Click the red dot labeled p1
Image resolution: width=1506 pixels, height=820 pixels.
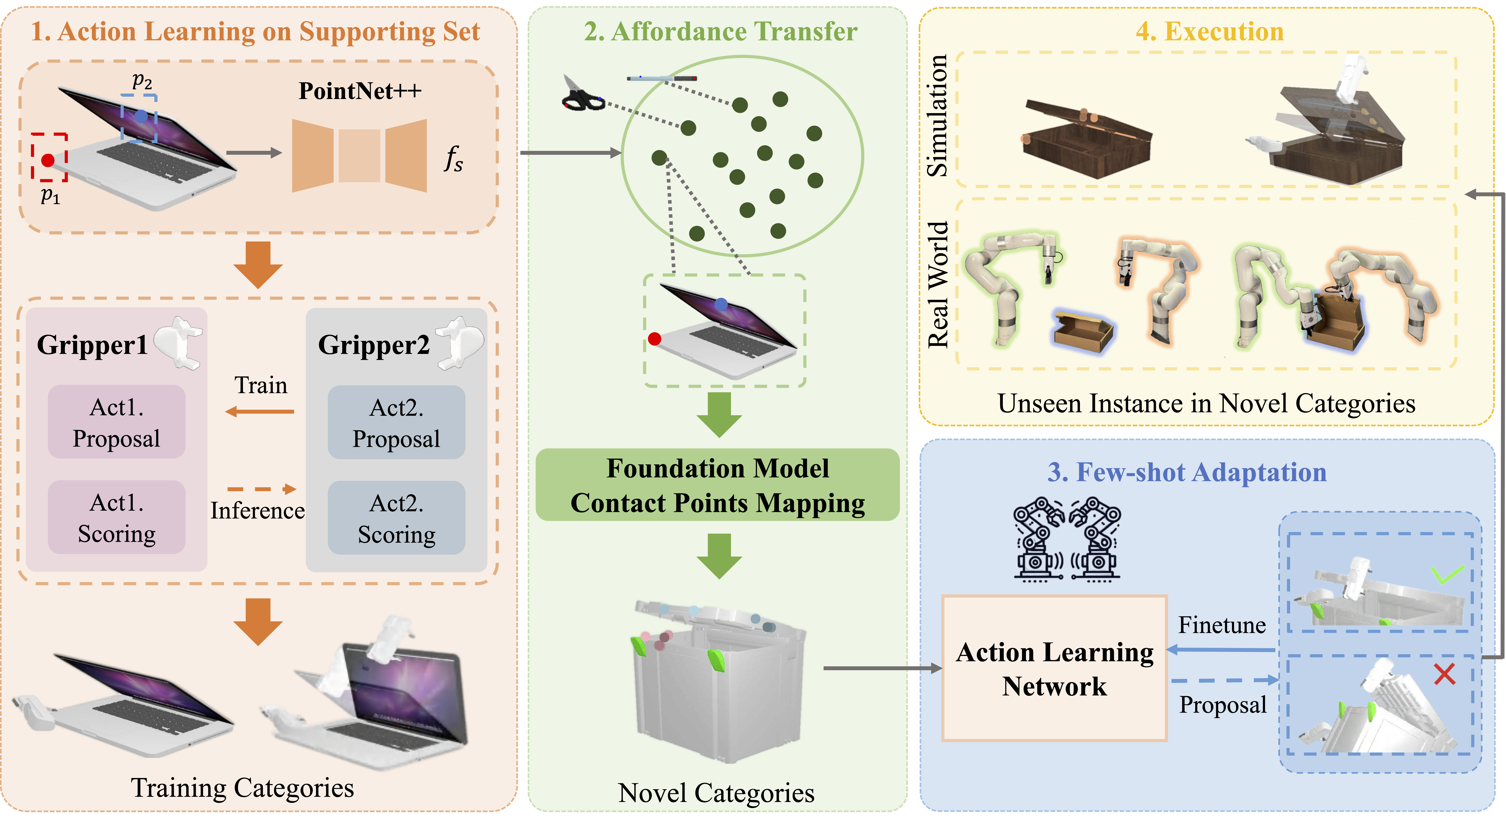48,160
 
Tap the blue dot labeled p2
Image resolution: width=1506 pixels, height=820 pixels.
141,116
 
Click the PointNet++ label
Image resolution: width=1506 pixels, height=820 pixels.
360,91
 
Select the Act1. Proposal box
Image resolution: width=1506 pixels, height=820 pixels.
116,422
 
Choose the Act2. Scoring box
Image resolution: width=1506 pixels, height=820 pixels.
396,518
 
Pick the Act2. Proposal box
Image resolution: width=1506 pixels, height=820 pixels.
396,422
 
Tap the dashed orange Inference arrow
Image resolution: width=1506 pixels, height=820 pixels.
261,489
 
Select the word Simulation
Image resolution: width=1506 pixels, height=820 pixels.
937,116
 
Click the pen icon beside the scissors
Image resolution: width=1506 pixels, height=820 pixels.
661,78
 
